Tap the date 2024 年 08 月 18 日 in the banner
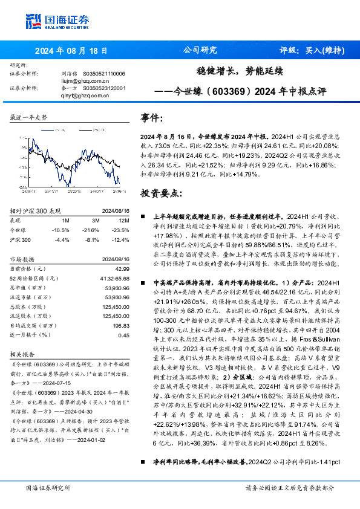coord(71,51)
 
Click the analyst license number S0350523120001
coord(104,88)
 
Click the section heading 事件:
coord(152,117)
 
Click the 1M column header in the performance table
coord(66,221)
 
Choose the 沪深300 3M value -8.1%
coord(91,240)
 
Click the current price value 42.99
coord(122,268)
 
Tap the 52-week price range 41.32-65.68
coord(113,278)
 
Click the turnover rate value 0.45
coord(123,336)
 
